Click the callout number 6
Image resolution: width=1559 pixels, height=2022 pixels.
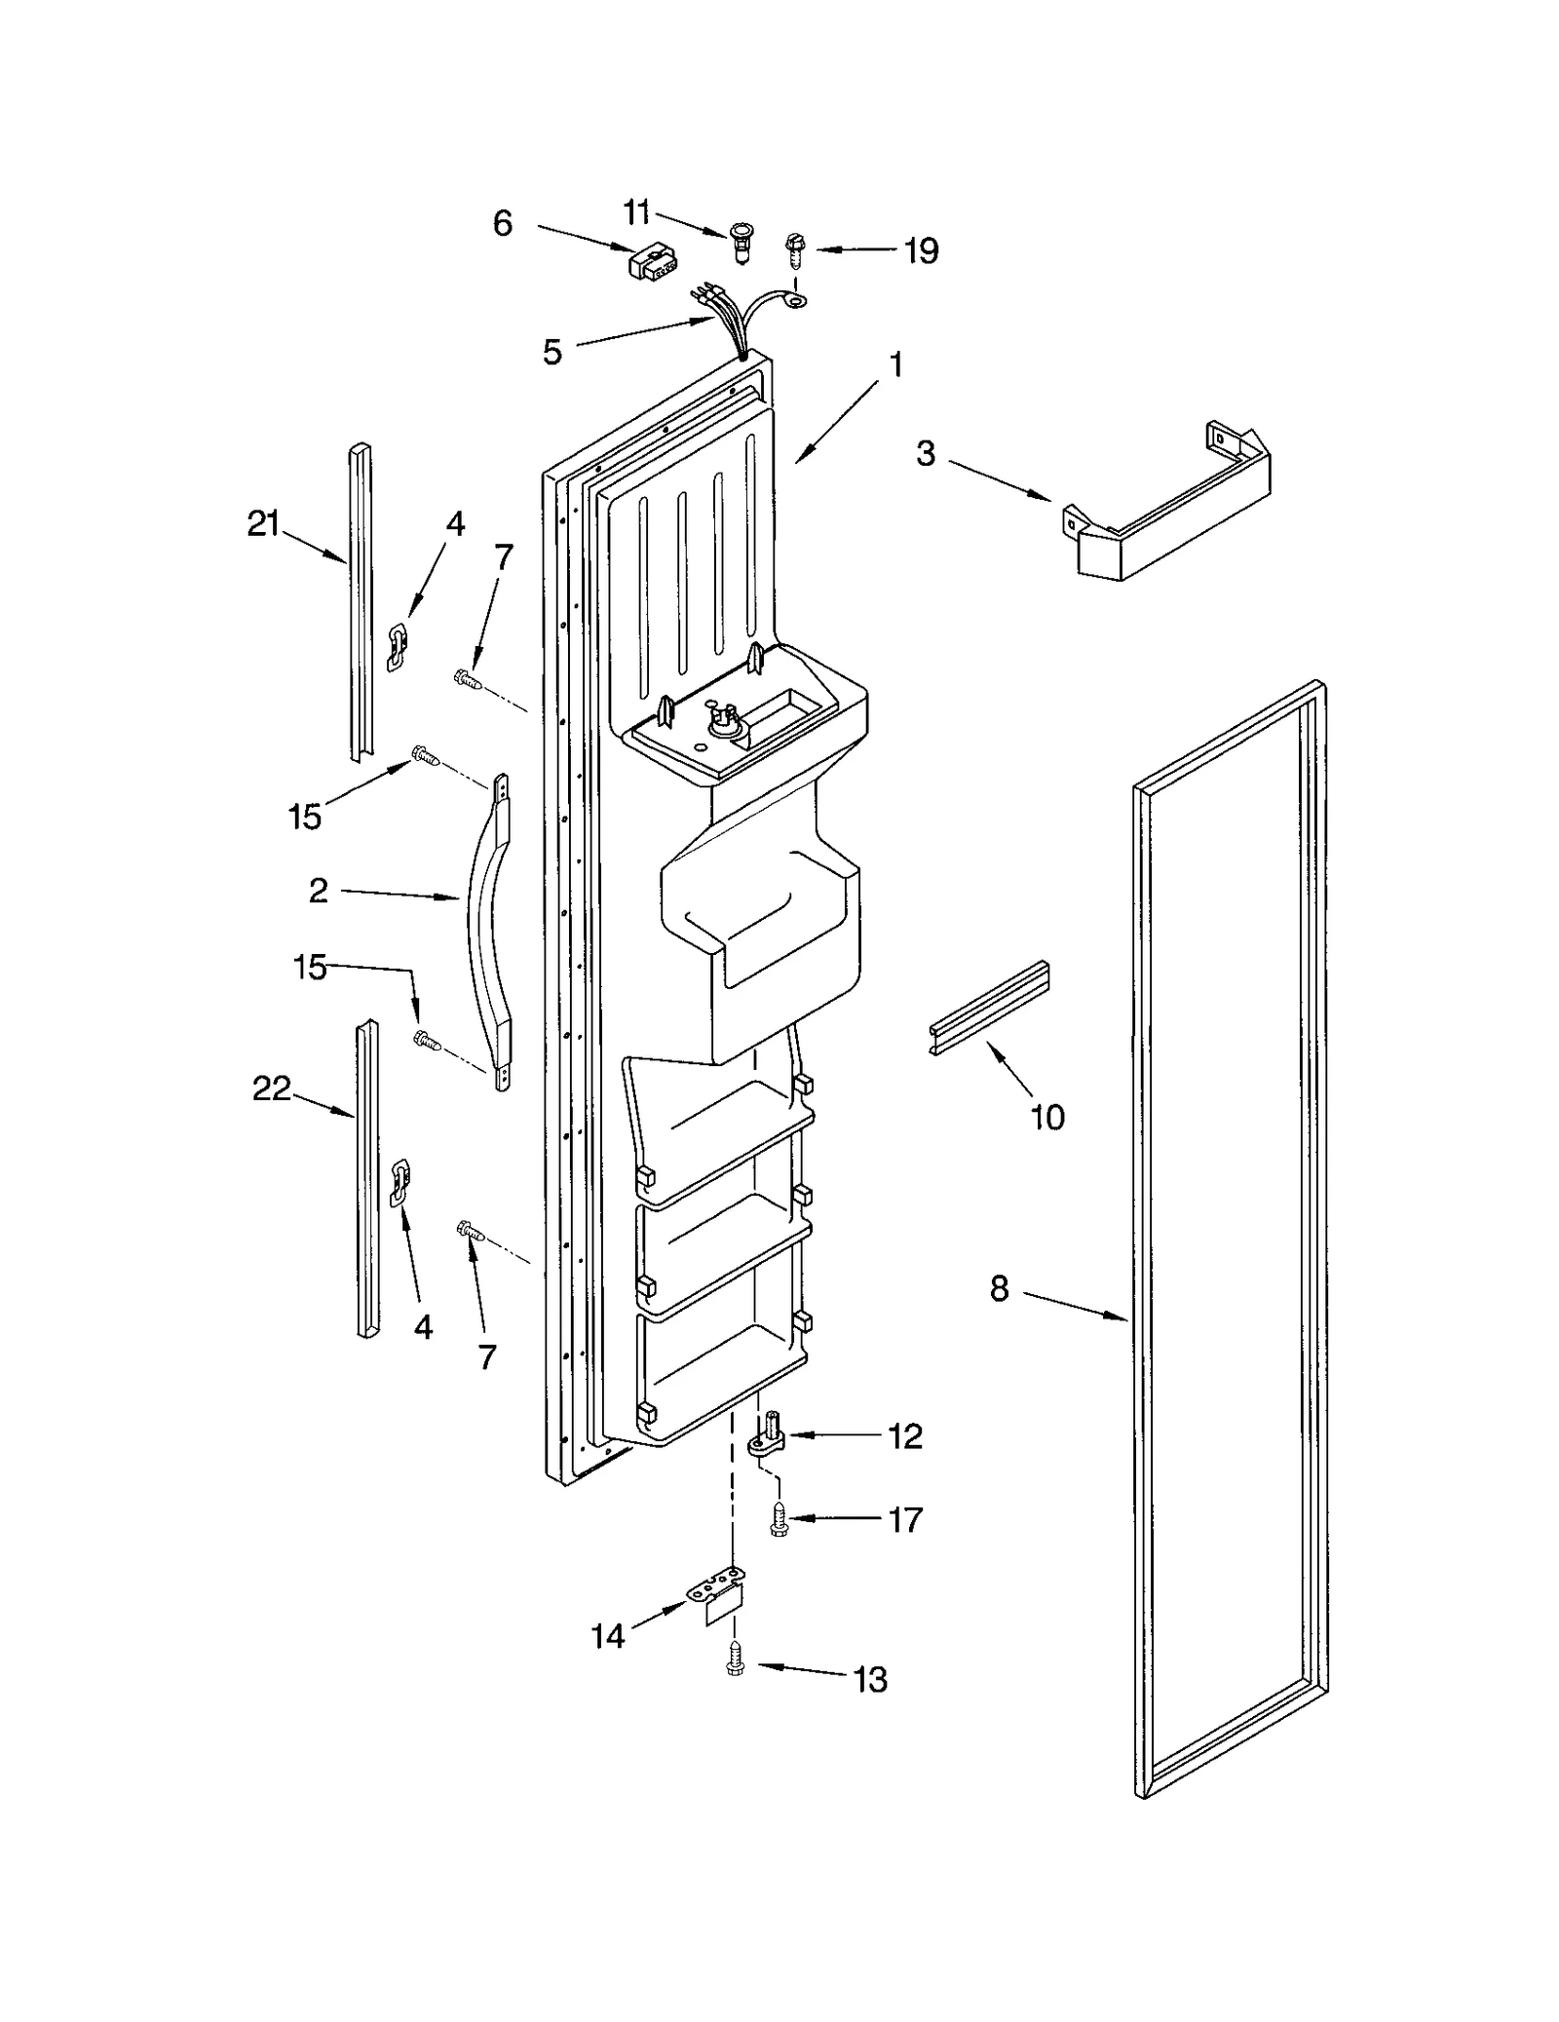click(x=502, y=224)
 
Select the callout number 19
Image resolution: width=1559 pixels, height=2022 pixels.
click(x=920, y=251)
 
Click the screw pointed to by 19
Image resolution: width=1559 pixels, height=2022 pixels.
click(x=795, y=252)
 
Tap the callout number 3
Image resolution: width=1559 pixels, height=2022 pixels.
click(x=926, y=453)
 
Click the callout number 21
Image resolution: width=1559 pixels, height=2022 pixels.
click(x=263, y=525)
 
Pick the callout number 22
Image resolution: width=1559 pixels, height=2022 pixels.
click(x=272, y=1088)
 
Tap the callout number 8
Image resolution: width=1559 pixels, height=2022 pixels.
click(x=1000, y=1289)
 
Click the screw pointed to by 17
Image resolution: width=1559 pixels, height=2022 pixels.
click(x=778, y=1521)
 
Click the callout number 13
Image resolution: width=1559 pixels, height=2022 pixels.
click(x=870, y=1680)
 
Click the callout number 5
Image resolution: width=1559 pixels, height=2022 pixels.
click(x=552, y=352)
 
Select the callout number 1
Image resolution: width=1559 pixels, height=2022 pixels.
click(x=895, y=365)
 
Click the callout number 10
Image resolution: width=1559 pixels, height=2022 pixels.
click(x=1047, y=1118)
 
